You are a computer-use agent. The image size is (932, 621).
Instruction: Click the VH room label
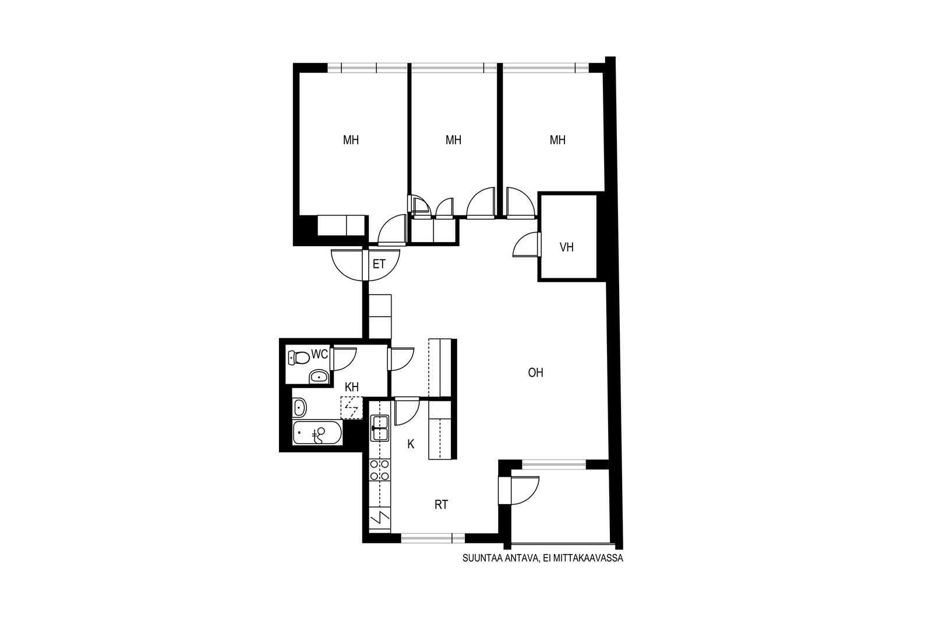point(566,247)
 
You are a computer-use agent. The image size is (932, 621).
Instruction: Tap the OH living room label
point(535,373)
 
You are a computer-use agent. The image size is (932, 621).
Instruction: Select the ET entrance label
point(379,264)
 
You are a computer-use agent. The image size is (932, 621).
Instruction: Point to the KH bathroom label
point(352,388)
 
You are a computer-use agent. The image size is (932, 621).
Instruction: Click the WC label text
point(320,354)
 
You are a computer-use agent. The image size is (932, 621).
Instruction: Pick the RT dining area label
point(441,505)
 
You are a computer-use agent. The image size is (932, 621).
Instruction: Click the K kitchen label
point(411,444)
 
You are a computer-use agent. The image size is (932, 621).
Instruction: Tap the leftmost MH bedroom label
point(351,140)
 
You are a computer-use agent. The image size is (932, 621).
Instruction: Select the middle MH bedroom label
point(453,140)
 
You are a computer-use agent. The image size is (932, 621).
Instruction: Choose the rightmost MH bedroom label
point(557,140)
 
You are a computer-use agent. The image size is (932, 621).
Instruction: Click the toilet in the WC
point(298,357)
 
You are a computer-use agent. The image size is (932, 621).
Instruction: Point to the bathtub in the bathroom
point(317,433)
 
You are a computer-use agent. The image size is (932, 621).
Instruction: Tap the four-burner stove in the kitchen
point(379,470)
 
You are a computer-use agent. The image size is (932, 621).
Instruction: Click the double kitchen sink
point(379,428)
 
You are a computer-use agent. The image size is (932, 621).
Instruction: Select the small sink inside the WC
point(319,377)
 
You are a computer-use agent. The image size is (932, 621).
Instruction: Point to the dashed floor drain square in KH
point(352,408)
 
